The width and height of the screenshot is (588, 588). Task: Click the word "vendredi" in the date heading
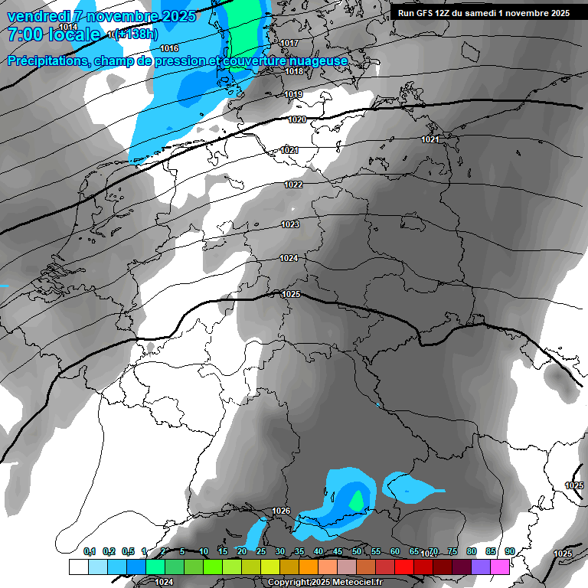click(x=37, y=15)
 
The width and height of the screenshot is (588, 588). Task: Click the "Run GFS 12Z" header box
click(x=483, y=13)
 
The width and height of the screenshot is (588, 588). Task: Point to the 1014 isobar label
click(x=68, y=27)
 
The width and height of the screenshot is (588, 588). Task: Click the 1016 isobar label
click(x=169, y=48)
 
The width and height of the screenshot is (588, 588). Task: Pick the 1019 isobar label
click(x=293, y=94)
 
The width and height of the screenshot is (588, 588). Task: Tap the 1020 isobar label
click(x=297, y=119)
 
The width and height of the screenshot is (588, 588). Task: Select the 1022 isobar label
click(x=293, y=185)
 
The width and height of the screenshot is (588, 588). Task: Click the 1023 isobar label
click(x=290, y=224)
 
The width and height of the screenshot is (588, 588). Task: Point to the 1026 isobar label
click(x=281, y=511)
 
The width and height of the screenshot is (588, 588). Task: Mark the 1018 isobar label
click(x=294, y=71)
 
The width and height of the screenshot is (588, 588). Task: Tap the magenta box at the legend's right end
click(x=500, y=567)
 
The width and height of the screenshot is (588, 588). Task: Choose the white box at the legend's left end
click(x=78, y=567)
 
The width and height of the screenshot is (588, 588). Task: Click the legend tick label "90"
click(x=509, y=551)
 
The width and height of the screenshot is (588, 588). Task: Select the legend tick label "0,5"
click(x=127, y=551)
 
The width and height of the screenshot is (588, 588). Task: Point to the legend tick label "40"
click(x=318, y=551)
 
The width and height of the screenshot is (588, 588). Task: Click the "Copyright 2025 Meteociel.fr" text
click(x=325, y=583)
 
